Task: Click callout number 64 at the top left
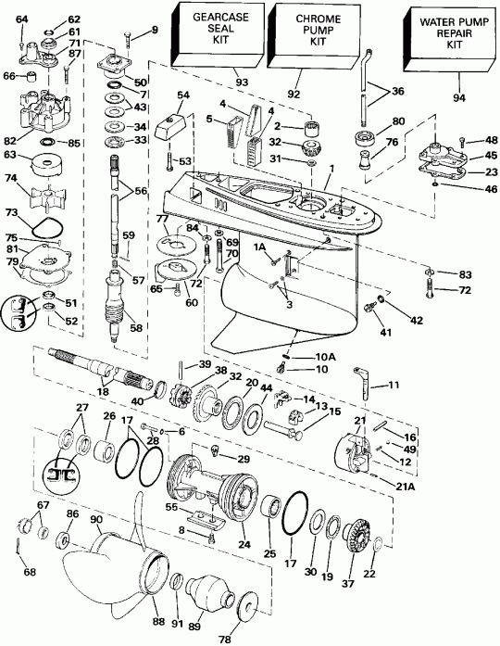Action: [22, 19]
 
